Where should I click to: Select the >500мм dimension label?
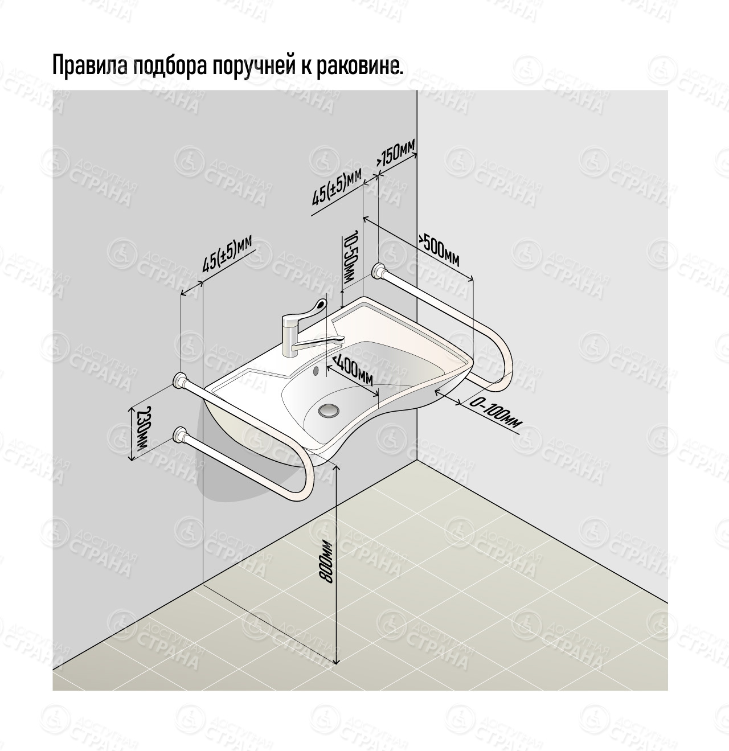[x=439, y=251]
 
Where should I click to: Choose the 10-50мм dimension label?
[x=350, y=259]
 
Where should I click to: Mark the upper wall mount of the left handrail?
[x=181, y=380]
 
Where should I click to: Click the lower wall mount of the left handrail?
[x=181, y=436]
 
